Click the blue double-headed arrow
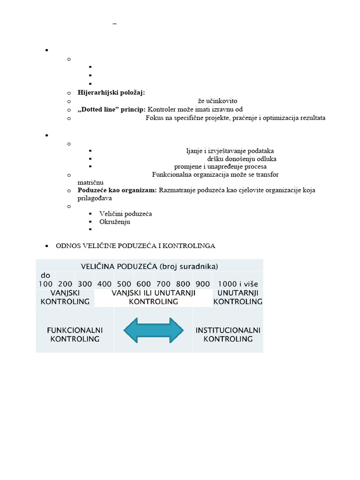[x=153, y=330]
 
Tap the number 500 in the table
[x=124, y=284]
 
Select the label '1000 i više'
[x=238, y=284]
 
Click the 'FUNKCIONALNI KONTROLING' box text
[x=75, y=334]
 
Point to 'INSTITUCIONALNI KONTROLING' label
[x=228, y=334]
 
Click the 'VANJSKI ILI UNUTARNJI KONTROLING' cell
[x=153, y=297]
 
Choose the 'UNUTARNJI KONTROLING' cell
[x=238, y=297]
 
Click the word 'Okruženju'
[x=115, y=222]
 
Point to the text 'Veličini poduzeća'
[x=126, y=214]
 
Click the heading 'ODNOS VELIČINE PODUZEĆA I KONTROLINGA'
[x=135, y=246]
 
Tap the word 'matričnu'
[x=90, y=182]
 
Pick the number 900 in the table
[x=202, y=284]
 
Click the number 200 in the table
[x=65, y=284]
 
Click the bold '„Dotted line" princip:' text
[x=112, y=110]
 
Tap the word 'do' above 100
[x=45, y=276]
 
